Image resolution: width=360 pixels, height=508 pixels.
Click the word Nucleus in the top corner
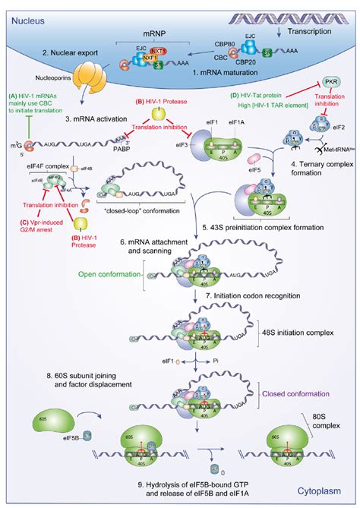(25, 11)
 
